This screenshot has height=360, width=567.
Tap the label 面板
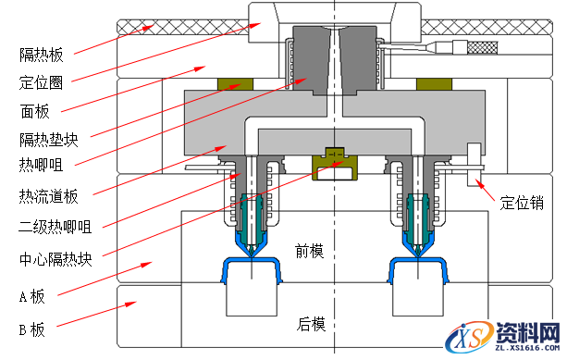34,110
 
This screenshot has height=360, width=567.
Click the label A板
32,297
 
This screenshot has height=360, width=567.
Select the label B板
32,329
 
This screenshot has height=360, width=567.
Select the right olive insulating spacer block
428,85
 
